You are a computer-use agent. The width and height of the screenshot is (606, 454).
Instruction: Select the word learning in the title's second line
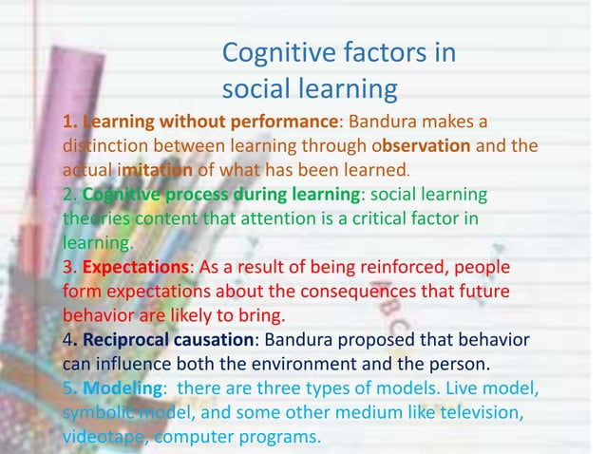pos(347,89)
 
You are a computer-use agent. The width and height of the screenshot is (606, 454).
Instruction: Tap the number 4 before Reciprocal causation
pos(66,340)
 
